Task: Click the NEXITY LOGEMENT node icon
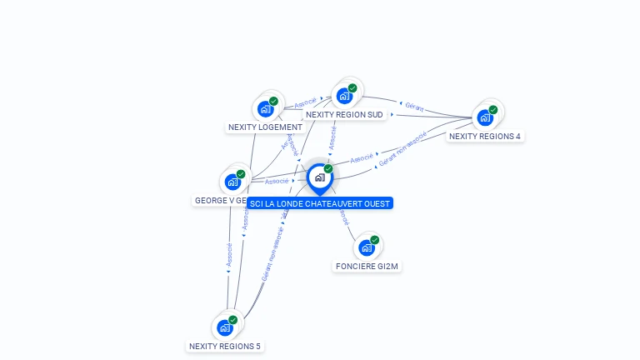(266, 109)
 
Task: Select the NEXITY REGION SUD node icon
(345, 96)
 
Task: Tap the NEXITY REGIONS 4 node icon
(485, 117)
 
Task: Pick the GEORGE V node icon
(232, 182)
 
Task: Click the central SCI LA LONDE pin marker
(319, 178)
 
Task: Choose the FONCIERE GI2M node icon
(367, 247)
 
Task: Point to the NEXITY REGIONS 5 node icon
(225, 327)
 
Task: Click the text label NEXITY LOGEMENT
(265, 127)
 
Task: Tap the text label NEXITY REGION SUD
(345, 115)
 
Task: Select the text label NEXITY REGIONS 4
(485, 136)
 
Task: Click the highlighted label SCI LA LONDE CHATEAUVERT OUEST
(319, 203)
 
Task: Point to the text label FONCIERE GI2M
(367, 267)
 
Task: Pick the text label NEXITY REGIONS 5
(225, 346)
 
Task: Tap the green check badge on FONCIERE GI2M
(375, 240)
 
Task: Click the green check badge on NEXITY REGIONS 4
(493, 110)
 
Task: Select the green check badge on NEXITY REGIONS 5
(233, 320)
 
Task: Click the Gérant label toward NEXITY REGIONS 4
(414, 107)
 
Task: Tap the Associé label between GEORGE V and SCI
(277, 181)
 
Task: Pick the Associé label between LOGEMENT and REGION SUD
(305, 104)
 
